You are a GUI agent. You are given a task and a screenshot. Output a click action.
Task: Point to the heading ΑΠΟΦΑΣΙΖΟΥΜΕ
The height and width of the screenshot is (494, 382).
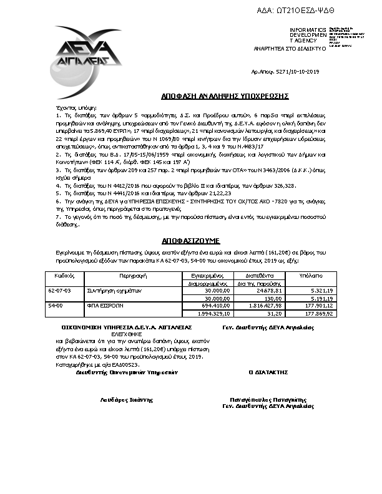point(193,240)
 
